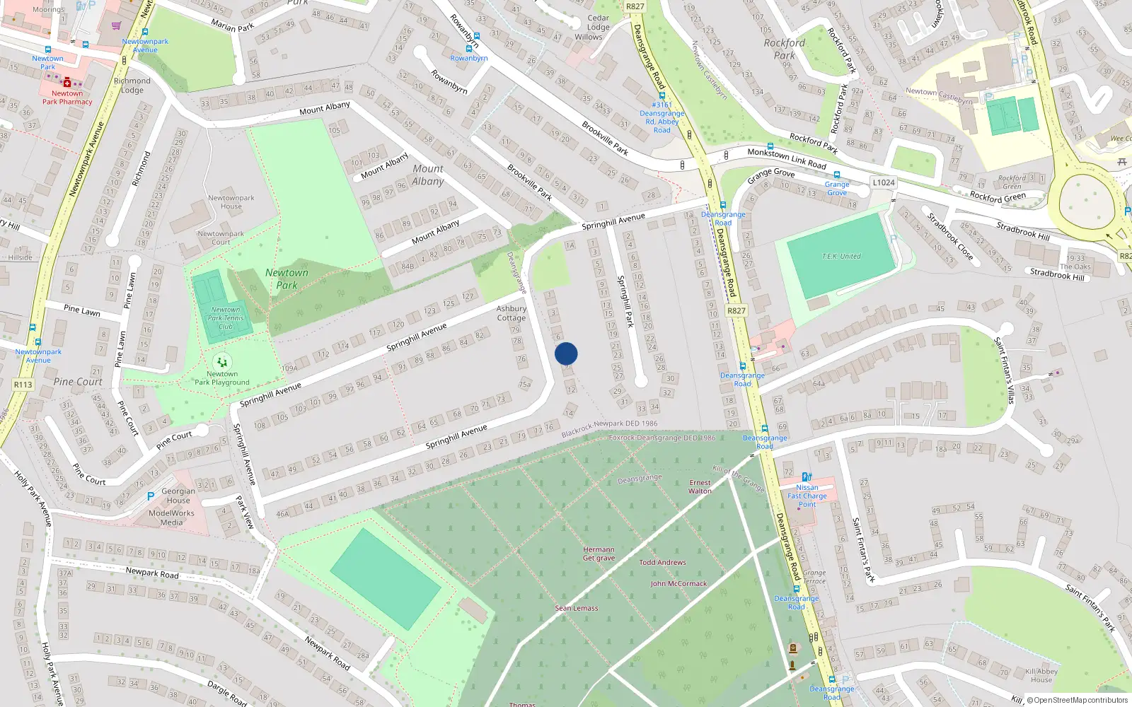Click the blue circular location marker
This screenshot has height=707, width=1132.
pos(566,353)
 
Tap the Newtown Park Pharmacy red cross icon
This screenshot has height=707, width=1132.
pos(67,82)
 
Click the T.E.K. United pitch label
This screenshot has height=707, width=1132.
pos(841,257)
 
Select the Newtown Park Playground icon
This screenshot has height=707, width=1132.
pos(222,363)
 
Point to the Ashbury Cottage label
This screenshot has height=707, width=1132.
pos(511,313)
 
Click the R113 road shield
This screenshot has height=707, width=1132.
pos(23,385)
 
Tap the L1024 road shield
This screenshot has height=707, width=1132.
pos(883,182)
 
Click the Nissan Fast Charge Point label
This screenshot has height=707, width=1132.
pos(807,496)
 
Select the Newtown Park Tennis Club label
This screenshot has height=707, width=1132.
pos(226,318)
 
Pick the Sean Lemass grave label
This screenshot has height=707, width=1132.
pos(576,608)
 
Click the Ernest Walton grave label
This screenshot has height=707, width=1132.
pos(700,486)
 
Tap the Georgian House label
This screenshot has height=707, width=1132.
pos(178,496)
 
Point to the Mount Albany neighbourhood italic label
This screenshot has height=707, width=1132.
pos(428,175)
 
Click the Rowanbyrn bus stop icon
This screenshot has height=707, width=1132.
pos(468,49)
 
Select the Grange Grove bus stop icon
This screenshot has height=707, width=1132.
pos(836,175)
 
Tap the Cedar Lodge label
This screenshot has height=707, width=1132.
pos(598,23)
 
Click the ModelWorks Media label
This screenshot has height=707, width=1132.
pos(171,518)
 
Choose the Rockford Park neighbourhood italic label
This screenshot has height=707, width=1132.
pos(784,49)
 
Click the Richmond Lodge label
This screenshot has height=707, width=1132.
pos(132,86)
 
